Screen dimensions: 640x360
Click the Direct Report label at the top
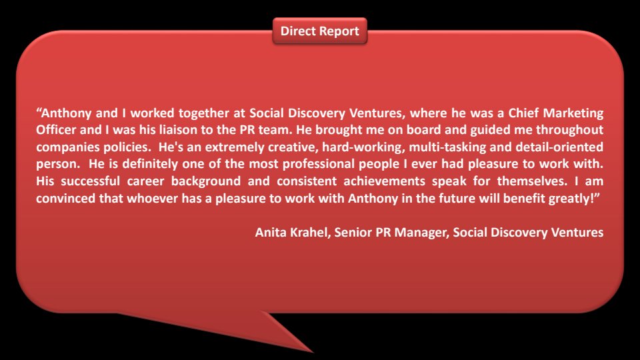pyautogui.click(x=319, y=31)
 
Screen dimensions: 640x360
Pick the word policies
pyautogui.click(x=127, y=147)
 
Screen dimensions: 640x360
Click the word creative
pyautogui.click(x=293, y=147)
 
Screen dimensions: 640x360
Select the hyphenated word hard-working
pyautogui.click(x=363, y=147)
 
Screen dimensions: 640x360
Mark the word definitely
pyautogui.click(x=150, y=164)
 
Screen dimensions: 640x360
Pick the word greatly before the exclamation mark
pyautogui.click(x=569, y=199)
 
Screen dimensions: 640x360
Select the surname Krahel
pyautogui.click(x=310, y=233)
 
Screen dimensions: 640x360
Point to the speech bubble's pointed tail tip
pyautogui.click(x=313, y=352)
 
